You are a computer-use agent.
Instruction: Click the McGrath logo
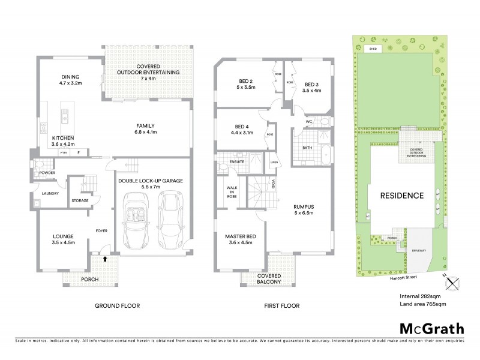click(x=431, y=328)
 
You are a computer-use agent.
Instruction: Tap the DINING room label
click(x=71, y=80)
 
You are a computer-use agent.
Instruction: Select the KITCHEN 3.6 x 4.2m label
click(x=62, y=141)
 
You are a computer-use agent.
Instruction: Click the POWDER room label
click(x=48, y=173)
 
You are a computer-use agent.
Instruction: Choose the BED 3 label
click(x=313, y=88)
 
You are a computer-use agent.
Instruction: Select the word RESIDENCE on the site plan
click(x=401, y=196)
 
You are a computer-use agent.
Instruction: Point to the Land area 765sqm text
click(x=425, y=305)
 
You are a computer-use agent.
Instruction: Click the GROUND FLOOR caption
click(x=117, y=305)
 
